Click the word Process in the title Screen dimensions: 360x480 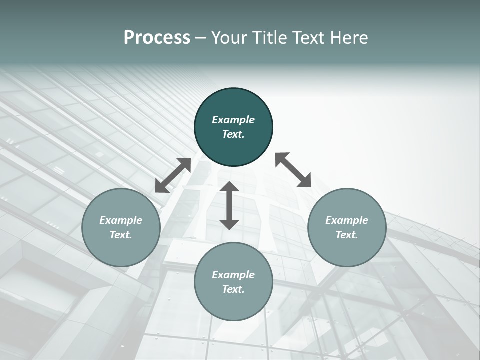click(x=157, y=38)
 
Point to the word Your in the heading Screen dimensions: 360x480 click(x=228, y=38)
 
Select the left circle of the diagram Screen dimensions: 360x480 click(x=121, y=250)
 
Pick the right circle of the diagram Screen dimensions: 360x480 click(x=347, y=250)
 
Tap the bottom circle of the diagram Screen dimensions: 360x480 click(x=233, y=305)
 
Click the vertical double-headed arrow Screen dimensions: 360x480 click(x=229, y=206)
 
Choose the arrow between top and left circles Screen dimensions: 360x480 click(x=173, y=175)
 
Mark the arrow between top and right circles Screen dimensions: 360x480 click(x=293, y=170)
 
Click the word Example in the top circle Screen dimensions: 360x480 click(x=233, y=120)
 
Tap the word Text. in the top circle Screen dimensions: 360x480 click(x=233, y=134)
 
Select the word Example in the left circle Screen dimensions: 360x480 click(x=121, y=220)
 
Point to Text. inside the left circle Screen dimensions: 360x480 click(x=121, y=235)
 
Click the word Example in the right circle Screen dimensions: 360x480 click(x=347, y=220)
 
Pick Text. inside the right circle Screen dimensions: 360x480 click(x=347, y=235)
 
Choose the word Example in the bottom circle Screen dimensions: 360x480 click(x=233, y=275)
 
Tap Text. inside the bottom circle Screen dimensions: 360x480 click(x=233, y=289)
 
